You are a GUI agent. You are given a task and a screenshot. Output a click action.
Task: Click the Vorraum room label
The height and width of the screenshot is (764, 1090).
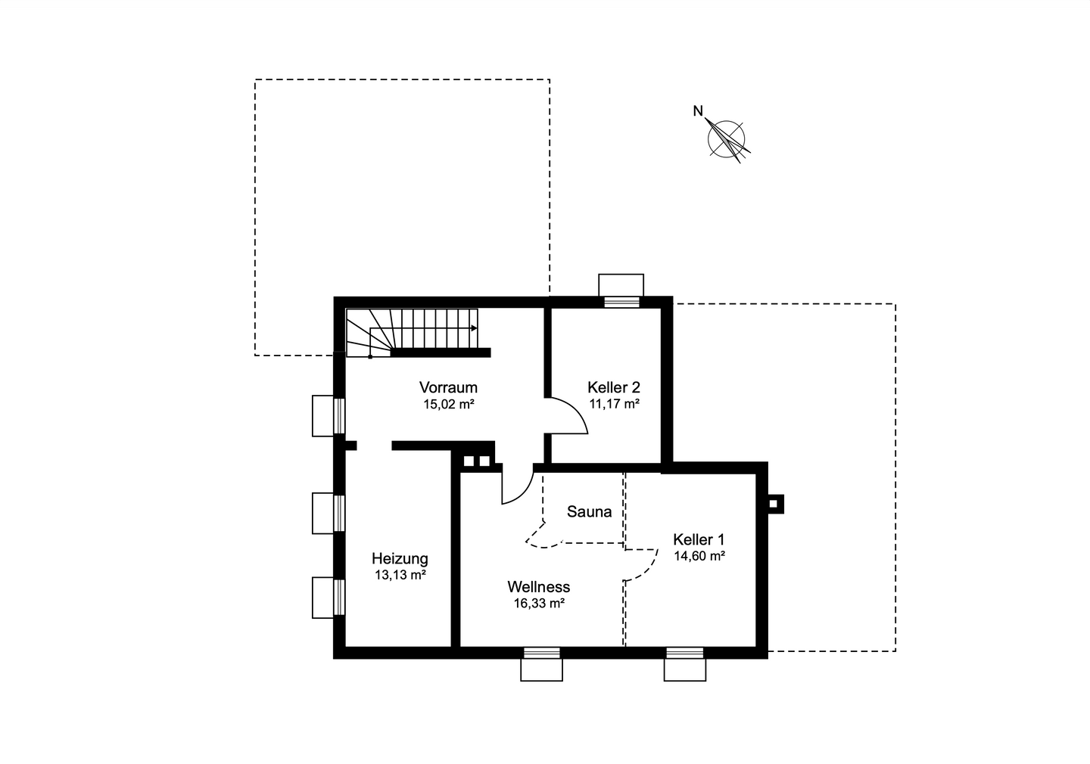pyautogui.click(x=448, y=388)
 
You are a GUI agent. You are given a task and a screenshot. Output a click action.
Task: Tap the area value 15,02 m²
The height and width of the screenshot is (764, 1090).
pyautogui.click(x=448, y=404)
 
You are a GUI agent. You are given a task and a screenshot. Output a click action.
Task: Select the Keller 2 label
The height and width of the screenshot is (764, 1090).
pyautogui.click(x=614, y=387)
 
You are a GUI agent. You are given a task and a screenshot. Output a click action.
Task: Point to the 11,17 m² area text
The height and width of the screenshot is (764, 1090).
pyautogui.click(x=614, y=404)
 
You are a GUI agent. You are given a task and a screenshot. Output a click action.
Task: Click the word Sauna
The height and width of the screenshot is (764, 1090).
pyautogui.click(x=589, y=512)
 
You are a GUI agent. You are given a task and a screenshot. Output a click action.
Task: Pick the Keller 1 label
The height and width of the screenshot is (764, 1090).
pyautogui.click(x=699, y=539)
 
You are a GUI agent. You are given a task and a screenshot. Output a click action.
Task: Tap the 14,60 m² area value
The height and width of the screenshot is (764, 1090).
pyautogui.click(x=699, y=556)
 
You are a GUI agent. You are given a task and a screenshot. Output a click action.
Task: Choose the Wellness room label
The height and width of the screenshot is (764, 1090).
pyautogui.click(x=538, y=587)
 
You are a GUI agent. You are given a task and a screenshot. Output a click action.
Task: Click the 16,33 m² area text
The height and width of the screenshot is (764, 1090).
pyautogui.click(x=539, y=604)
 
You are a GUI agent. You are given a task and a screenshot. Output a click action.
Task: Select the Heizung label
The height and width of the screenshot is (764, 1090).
pyautogui.click(x=400, y=559)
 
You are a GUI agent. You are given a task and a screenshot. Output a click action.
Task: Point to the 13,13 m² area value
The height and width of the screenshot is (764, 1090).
pyautogui.click(x=400, y=575)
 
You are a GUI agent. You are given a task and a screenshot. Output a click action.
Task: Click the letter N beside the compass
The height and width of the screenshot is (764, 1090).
pyautogui.click(x=698, y=112)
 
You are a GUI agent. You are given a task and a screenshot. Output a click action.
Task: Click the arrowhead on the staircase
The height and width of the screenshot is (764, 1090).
pyautogui.click(x=474, y=328)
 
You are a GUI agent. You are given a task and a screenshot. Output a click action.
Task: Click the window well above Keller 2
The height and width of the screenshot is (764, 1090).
pyautogui.click(x=621, y=285)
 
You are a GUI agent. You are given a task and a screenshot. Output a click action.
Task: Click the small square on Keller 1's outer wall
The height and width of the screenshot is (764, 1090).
pyautogui.click(x=775, y=503)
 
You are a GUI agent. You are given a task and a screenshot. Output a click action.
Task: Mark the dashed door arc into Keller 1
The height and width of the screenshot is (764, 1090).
pyautogui.click(x=643, y=566)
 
